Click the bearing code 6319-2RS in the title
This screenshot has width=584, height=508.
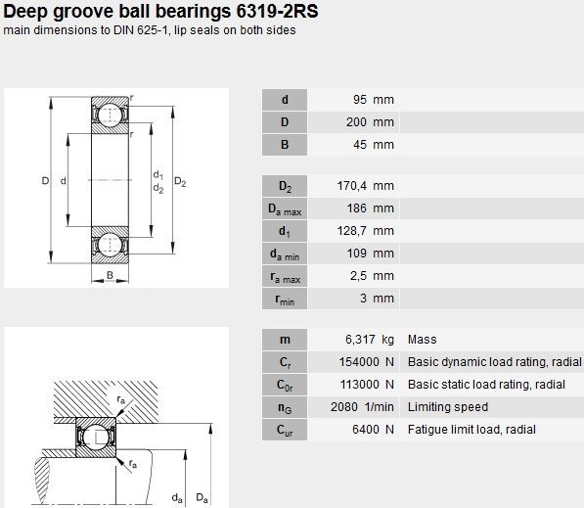point(277,11)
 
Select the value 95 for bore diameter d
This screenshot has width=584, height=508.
point(360,100)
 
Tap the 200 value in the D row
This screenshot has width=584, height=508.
point(356,122)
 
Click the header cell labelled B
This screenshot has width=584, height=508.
point(285,145)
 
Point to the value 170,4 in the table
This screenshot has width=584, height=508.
point(352,186)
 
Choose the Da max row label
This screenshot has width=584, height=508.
point(285,208)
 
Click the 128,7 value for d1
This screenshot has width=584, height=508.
point(352,231)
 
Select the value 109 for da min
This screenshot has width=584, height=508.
point(357,254)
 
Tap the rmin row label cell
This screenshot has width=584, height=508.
point(285,299)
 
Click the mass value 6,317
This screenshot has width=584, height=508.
point(360,340)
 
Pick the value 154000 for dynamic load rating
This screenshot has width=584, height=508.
point(359,362)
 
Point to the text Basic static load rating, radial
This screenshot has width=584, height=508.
point(486,385)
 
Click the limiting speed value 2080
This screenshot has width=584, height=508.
point(344,407)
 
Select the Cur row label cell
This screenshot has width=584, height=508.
point(285,430)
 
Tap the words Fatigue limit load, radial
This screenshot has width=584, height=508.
point(472,430)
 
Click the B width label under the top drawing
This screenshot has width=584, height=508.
point(110,275)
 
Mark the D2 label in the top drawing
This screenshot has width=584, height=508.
point(180,182)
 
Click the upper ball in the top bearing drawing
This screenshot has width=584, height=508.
point(111,114)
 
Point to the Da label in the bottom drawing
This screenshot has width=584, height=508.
point(202,497)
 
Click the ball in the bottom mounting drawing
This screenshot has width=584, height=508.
point(96,438)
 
